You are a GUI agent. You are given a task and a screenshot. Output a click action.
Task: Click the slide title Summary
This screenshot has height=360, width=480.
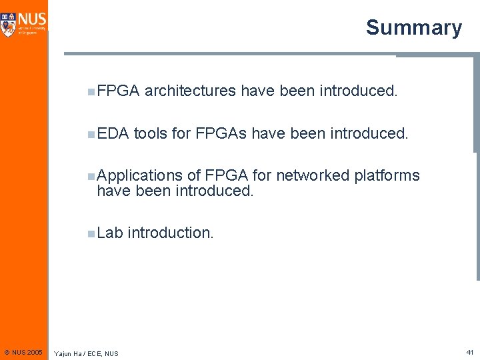click(x=413, y=27)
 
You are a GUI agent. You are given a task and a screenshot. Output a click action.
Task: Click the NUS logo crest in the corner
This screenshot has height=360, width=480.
click(x=8, y=23)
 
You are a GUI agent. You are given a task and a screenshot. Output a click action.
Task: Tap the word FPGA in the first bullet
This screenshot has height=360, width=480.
click(x=117, y=91)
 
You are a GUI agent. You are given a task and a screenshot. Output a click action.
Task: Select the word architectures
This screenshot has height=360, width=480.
click(x=190, y=91)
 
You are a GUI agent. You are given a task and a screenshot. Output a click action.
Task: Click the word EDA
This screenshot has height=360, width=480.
click(x=113, y=133)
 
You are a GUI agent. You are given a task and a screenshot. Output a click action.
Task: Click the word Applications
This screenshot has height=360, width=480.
click(x=139, y=176)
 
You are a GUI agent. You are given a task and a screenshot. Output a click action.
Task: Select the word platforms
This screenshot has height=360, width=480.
click(x=387, y=176)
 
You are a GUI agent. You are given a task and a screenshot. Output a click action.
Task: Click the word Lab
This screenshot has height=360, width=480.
click(x=110, y=233)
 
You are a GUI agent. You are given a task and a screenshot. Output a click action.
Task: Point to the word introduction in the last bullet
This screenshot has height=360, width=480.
click(x=171, y=233)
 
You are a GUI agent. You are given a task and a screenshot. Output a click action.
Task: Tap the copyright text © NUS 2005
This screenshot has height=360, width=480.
click(x=23, y=351)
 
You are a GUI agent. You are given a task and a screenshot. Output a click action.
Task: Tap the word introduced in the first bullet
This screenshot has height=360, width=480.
click(x=358, y=91)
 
